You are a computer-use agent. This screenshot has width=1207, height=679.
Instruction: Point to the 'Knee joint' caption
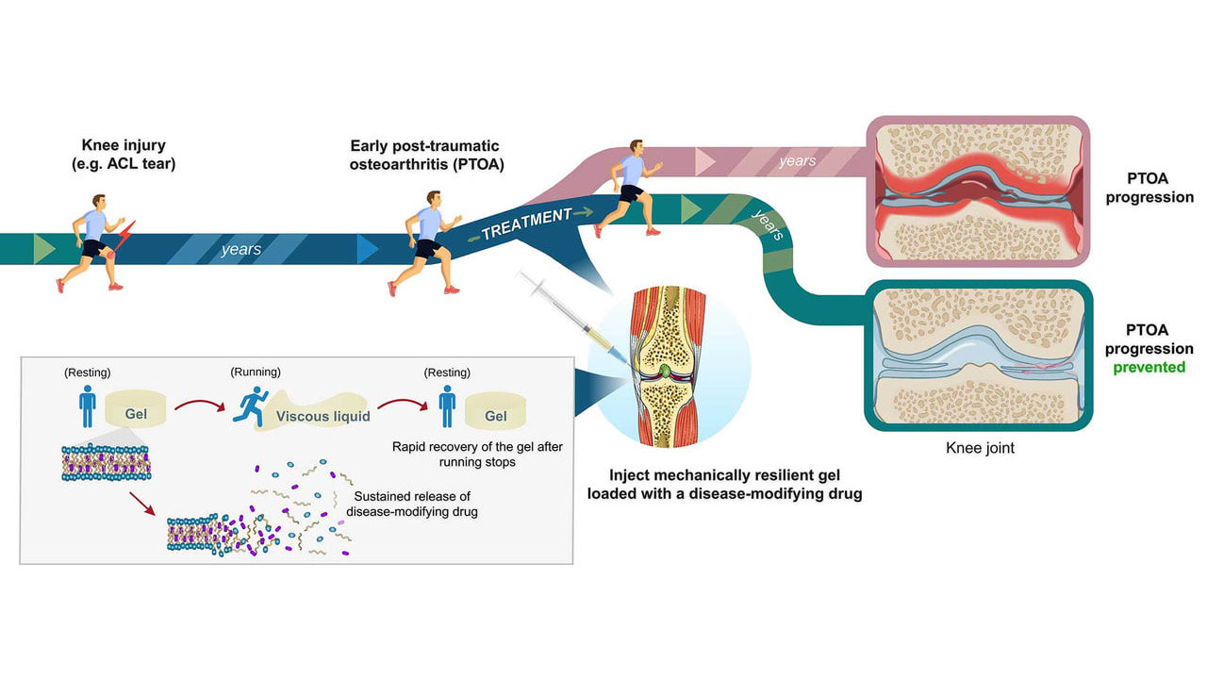pyautogui.click(x=980, y=448)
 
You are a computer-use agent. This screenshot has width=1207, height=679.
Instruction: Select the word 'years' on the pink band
pyautogui.click(x=798, y=161)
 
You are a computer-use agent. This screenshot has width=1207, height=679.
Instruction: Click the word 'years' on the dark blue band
pyautogui.click(x=241, y=250)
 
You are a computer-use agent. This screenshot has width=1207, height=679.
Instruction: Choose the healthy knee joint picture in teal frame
pyautogui.click(x=978, y=356)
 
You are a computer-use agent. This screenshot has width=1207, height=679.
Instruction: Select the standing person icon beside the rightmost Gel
pyautogui.click(x=447, y=406)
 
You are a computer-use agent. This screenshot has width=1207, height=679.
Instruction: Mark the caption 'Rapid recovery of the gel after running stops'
pyautogui.click(x=477, y=455)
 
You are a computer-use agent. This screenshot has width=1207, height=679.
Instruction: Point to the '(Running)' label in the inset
pyautogui.click(x=256, y=372)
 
